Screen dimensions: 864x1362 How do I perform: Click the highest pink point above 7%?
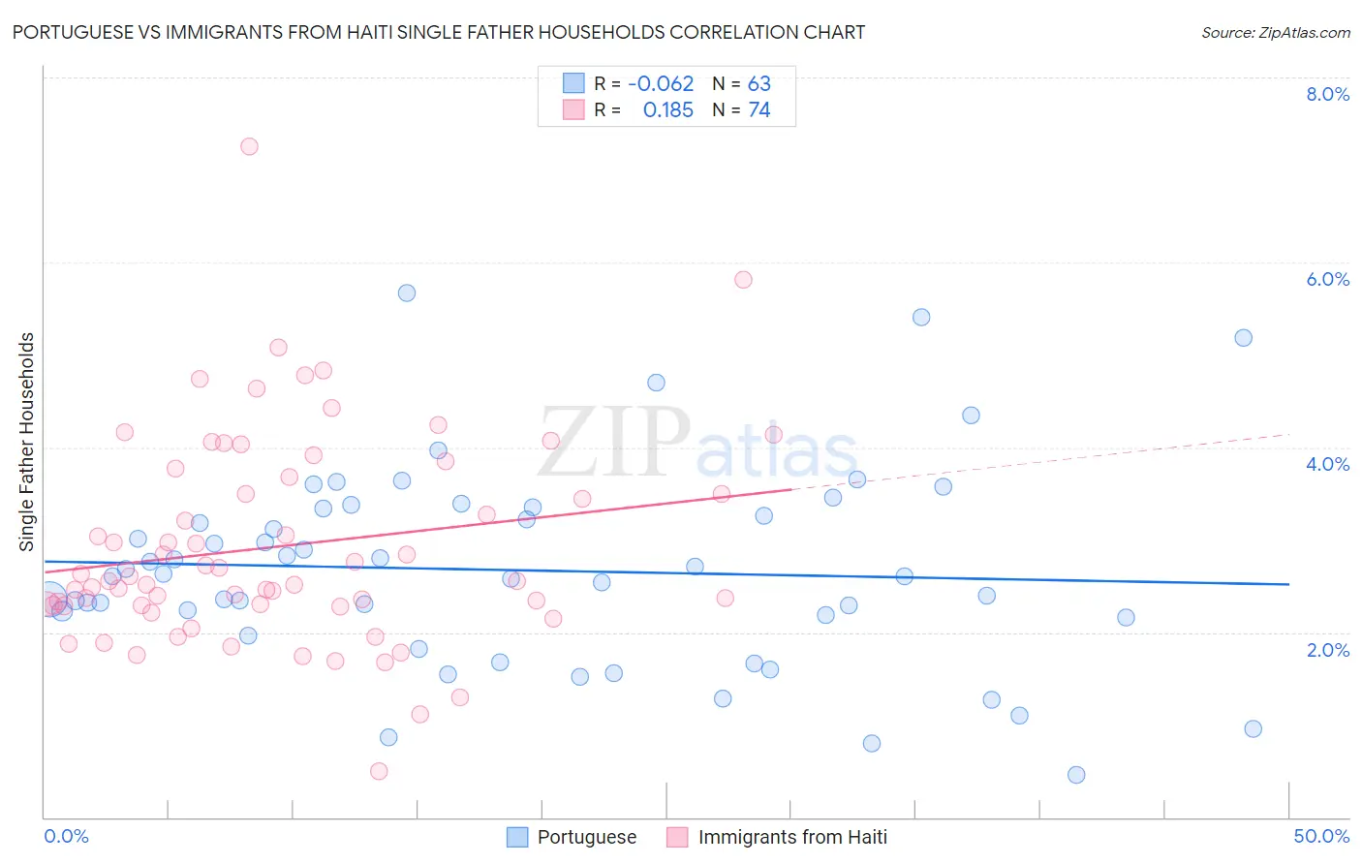point(249,146)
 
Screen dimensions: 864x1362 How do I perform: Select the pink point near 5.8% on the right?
point(743,280)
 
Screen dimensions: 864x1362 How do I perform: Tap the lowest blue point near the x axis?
point(1076,775)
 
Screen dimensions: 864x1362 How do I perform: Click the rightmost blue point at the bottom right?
point(1253,729)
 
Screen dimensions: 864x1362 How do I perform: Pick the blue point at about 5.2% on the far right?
point(1243,338)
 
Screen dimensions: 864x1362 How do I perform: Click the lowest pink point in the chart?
point(379,771)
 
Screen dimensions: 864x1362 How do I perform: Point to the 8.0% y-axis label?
point(1327,94)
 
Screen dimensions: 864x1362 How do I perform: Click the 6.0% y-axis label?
point(1327,279)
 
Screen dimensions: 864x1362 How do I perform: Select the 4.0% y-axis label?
point(1327,464)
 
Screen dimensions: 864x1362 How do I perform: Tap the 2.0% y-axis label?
point(1327,650)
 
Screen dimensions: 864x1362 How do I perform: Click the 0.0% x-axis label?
point(66,836)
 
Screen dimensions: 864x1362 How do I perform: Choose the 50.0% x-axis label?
point(1321,836)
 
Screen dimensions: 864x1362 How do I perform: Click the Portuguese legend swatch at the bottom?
point(518,837)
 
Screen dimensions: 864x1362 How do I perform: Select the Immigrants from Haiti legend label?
point(791,837)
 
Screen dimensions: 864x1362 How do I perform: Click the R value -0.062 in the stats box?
point(661,84)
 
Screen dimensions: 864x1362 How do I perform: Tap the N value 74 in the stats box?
point(759,110)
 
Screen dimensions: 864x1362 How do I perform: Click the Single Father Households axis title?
point(27,442)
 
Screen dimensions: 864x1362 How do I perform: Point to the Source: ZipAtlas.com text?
point(1275,33)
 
